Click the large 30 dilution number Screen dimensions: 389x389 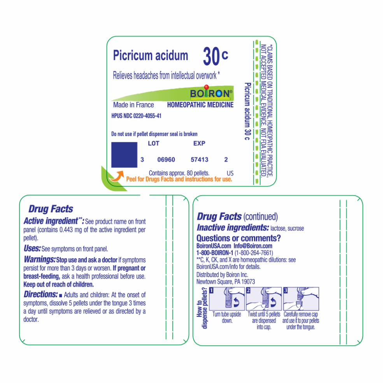tap(211, 56)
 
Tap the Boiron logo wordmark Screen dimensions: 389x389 tap(211, 93)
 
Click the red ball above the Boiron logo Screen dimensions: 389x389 tap(206, 87)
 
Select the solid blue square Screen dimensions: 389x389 tap(124, 155)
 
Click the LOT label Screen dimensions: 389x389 tap(154, 144)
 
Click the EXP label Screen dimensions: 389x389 tap(199, 144)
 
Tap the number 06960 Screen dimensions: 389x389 tap(166, 159)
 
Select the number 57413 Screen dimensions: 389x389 tap(200, 159)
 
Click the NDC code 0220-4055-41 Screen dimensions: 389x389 tap(147, 116)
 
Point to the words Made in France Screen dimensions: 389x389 tap(133, 105)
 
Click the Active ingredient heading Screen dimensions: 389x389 tap(54, 221)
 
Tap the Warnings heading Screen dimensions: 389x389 tap(40, 259)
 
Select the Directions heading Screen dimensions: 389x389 tap(41, 294)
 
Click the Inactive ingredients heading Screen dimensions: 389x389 tap(233, 228)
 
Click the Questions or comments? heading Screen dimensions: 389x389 tap(239, 238)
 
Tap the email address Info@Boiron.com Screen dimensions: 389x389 tap(253, 246)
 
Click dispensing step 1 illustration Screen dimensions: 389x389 tap(227, 299)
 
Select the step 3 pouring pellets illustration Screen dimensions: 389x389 tap(301, 299)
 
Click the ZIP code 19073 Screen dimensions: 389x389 tap(248, 282)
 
